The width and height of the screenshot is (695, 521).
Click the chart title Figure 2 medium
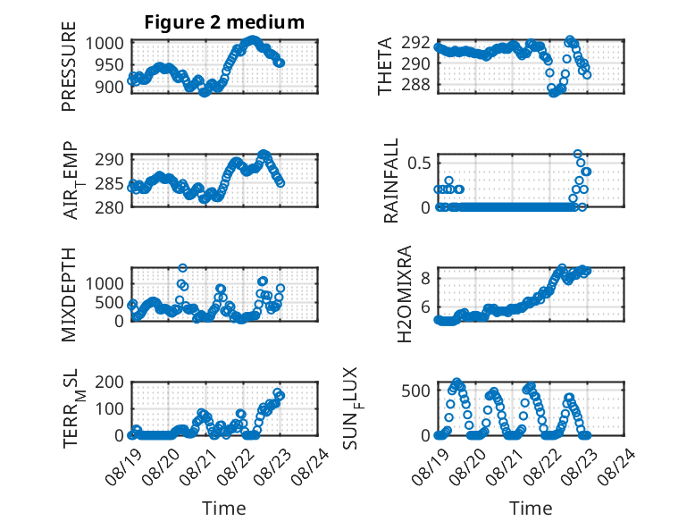(224, 22)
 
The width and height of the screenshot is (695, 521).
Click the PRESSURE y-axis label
(69, 66)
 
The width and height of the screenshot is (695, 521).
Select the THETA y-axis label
(385, 66)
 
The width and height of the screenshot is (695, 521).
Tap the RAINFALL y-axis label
(391, 181)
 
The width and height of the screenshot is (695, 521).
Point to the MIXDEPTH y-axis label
(69, 295)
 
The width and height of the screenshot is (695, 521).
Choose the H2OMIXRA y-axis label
(405, 294)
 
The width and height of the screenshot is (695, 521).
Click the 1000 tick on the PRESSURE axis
(105, 44)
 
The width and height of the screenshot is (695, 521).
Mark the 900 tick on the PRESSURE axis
(110, 87)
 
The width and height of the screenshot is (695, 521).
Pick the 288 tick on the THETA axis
(415, 84)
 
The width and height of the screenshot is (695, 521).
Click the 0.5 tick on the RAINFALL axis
(419, 164)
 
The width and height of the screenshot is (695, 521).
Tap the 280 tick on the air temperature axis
(110, 207)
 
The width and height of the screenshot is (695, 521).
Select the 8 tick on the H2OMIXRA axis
(425, 278)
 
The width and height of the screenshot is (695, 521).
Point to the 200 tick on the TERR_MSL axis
(110, 382)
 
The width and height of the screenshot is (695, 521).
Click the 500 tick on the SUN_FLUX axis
(415, 391)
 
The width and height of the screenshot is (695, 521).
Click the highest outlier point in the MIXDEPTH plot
(182, 268)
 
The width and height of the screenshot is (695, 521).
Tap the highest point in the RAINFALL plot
(578, 154)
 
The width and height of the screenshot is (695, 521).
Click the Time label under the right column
(531, 508)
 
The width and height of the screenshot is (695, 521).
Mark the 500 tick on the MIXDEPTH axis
(110, 302)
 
